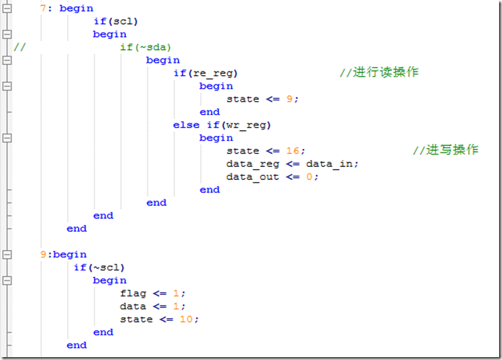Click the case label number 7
[x=43, y=8]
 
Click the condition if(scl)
[x=116, y=21]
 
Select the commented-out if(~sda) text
[x=145, y=47]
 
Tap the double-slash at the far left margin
[x=20, y=47]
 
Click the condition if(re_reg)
[x=205, y=73]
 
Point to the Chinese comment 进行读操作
[x=379, y=72]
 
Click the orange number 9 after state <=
[x=289, y=99]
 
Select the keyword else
[x=186, y=125]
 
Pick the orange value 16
[x=293, y=150]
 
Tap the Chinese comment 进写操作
[x=446, y=150]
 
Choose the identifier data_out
[x=252, y=177]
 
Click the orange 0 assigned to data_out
[x=310, y=176]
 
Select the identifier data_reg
[x=252, y=164]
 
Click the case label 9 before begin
[x=43, y=254]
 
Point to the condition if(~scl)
[x=99, y=267]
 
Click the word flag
[x=133, y=293]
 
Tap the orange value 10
[x=186, y=319]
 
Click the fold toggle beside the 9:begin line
[x=7, y=254]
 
